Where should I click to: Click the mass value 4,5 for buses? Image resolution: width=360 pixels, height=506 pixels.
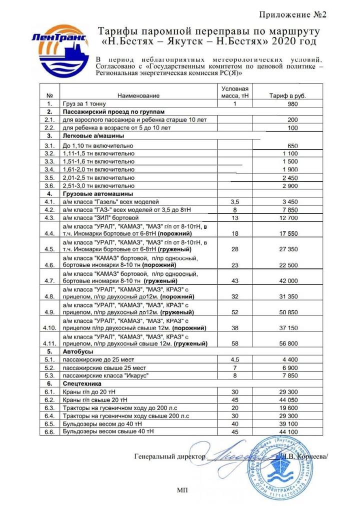(234, 359)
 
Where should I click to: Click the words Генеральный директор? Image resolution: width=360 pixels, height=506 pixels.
(170, 456)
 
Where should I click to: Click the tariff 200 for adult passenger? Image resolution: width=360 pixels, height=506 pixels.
(293, 120)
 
